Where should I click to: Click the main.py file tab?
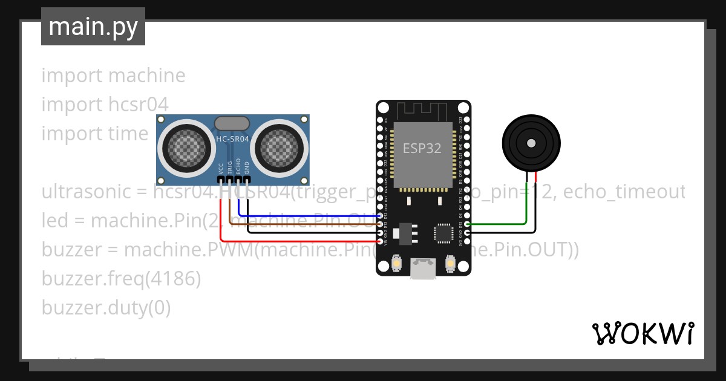pos(93,27)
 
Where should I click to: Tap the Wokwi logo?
pos(643,333)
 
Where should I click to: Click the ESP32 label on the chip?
pos(422,148)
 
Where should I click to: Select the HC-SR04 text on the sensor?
pos(232,140)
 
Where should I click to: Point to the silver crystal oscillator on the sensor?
pos(231,123)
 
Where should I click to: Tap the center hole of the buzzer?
pos(531,143)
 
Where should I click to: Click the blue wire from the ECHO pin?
pos(302,215)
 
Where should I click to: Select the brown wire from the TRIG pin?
pos(302,224)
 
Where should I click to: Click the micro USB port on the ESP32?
pos(423,269)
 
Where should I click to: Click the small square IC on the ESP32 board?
pos(443,233)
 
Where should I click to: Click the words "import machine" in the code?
pos(113,76)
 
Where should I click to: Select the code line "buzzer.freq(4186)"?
pos(121,279)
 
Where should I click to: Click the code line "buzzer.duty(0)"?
pos(106,308)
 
